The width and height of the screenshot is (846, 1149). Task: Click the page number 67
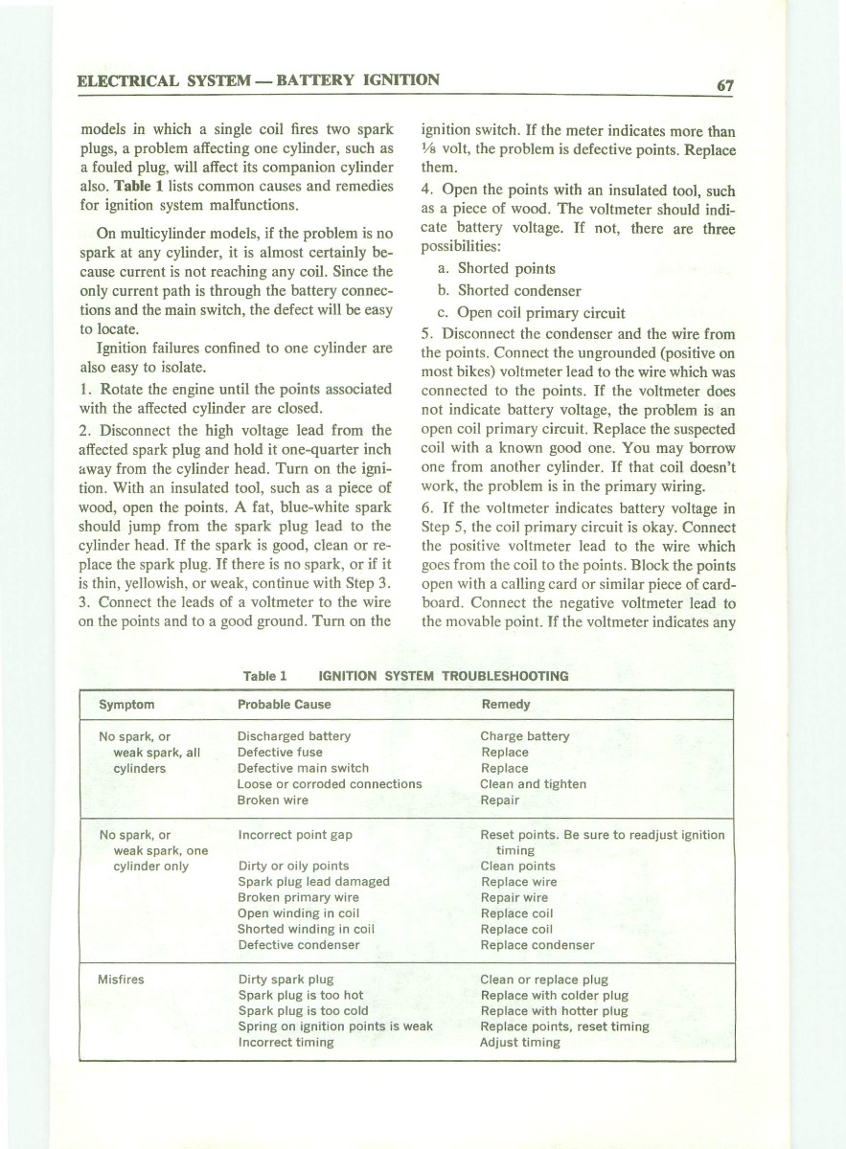click(725, 84)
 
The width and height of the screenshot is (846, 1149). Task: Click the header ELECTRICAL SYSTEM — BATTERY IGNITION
click(259, 80)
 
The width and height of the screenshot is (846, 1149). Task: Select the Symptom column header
click(126, 704)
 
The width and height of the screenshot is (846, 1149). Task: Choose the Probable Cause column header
click(284, 704)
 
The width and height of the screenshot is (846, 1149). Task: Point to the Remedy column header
click(505, 704)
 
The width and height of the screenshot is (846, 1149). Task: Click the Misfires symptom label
click(122, 980)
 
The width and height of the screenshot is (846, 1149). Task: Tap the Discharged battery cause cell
click(293, 736)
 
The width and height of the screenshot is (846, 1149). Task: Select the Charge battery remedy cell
click(524, 736)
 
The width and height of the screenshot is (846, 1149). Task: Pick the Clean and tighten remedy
click(533, 784)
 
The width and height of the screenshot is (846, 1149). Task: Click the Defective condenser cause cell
click(298, 945)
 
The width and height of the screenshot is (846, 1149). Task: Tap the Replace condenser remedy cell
click(537, 945)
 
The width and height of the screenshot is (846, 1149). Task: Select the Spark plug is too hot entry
click(300, 996)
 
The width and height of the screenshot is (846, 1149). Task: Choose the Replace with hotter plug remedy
click(554, 1011)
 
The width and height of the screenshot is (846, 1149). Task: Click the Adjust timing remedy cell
click(519, 1042)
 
